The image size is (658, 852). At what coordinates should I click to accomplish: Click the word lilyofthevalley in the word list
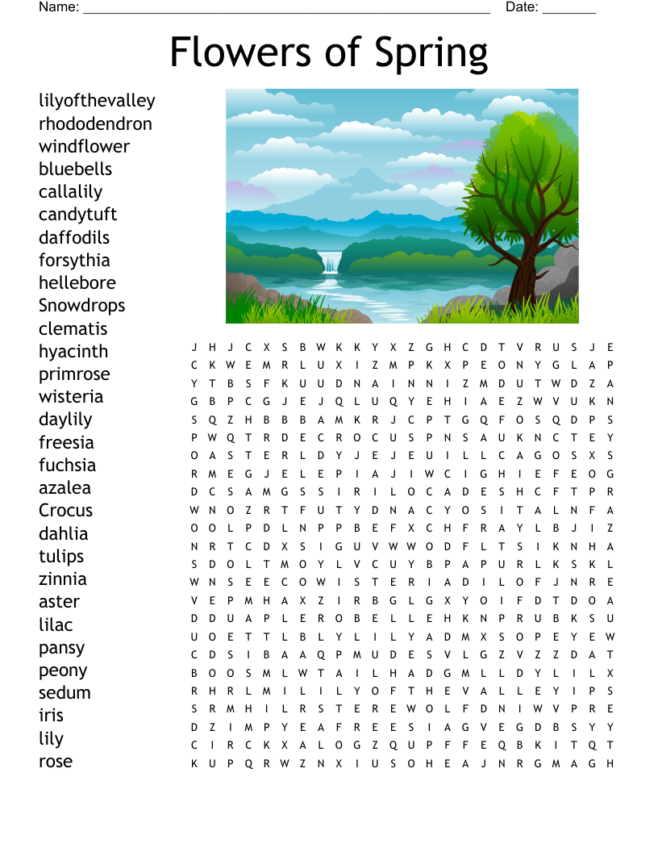point(97,101)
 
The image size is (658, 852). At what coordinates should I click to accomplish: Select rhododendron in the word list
point(95,123)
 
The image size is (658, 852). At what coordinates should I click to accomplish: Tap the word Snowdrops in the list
point(81,306)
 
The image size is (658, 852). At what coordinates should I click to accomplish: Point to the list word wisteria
point(71,397)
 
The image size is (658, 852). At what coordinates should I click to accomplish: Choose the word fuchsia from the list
point(67,466)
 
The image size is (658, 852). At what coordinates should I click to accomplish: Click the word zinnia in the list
point(62,579)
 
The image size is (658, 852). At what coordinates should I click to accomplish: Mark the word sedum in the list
point(65,693)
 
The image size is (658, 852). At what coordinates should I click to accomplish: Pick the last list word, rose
point(56,762)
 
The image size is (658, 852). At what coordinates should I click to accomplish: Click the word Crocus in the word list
point(65,511)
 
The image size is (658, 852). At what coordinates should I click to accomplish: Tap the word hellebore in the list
point(77,283)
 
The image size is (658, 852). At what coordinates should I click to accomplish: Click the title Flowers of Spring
point(329,53)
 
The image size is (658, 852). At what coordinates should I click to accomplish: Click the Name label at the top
point(58,7)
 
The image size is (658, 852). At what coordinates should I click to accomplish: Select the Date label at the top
point(522,7)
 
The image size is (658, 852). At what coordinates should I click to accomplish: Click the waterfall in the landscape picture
point(331,262)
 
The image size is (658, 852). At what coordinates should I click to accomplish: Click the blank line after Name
point(286,9)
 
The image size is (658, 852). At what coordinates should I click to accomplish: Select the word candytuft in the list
point(77,215)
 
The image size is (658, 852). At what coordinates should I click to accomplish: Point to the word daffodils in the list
point(74,238)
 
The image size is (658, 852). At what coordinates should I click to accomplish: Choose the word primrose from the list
point(74,374)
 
